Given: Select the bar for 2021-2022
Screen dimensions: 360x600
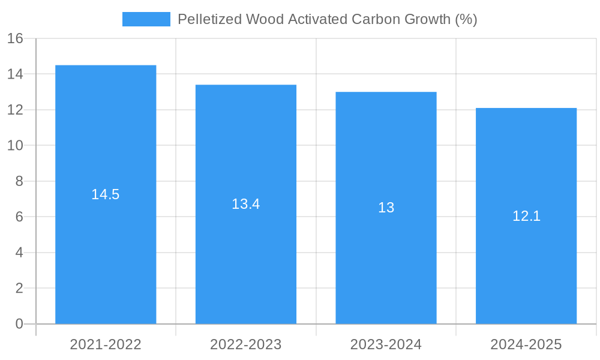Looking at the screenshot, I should click(x=106, y=252).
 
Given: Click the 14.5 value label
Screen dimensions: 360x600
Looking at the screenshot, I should click(x=106, y=194).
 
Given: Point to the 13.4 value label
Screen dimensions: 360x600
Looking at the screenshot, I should click(x=246, y=204).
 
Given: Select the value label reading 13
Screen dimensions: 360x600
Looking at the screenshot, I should click(x=386, y=208).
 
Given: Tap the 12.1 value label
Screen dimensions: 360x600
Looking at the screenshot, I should click(x=526, y=217).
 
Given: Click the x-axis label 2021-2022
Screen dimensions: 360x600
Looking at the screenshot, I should click(x=106, y=344).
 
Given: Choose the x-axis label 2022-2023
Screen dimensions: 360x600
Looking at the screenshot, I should click(x=246, y=344).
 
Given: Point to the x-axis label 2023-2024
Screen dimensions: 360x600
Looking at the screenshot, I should click(x=386, y=344).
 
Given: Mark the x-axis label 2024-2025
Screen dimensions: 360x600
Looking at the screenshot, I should click(x=526, y=344).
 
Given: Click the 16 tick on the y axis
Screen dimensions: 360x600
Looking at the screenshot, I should click(x=15, y=38).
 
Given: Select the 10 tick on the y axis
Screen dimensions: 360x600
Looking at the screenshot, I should click(x=15, y=146).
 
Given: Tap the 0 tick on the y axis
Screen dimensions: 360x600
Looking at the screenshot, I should click(x=19, y=324).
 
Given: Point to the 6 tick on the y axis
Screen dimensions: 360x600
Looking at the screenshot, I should click(x=19, y=217).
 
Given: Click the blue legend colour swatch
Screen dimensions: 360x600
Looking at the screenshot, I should click(x=146, y=19).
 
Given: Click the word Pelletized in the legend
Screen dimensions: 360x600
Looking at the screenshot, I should click(x=206, y=19).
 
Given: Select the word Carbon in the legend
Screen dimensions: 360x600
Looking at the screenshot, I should click(x=374, y=19).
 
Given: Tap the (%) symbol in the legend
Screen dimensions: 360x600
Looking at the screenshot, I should click(x=466, y=19).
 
